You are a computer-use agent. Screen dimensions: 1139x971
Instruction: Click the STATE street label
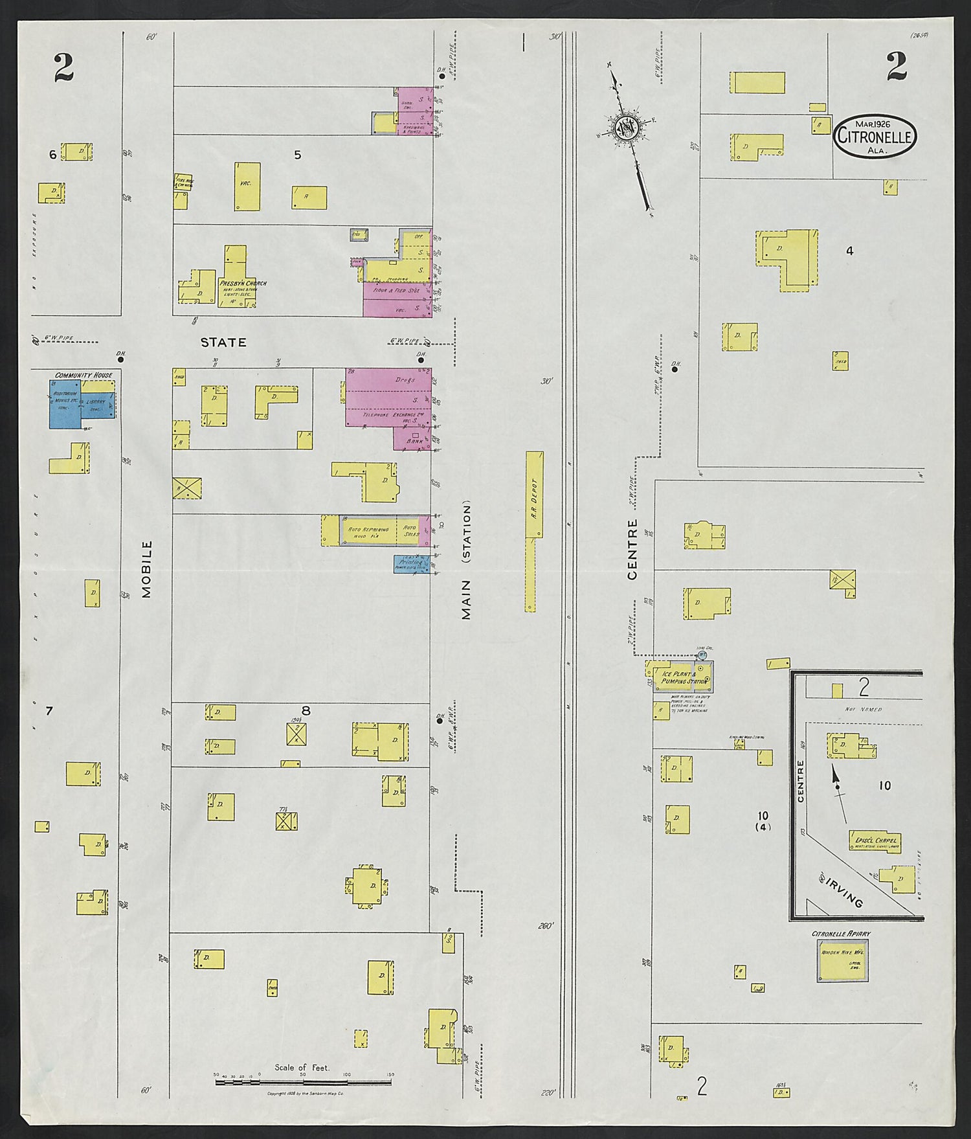[223, 342]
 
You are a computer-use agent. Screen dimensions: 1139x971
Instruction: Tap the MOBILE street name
[146, 569]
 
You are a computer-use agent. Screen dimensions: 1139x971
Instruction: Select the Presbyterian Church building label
[242, 284]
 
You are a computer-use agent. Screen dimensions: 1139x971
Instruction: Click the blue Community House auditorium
[65, 404]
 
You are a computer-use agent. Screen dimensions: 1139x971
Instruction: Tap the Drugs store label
[405, 380]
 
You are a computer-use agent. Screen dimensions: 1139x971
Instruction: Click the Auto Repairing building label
[368, 530]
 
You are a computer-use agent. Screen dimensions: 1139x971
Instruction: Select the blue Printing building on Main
[411, 563]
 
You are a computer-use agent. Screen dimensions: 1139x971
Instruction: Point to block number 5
[297, 155]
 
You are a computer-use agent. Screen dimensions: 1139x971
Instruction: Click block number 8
[306, 711]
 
